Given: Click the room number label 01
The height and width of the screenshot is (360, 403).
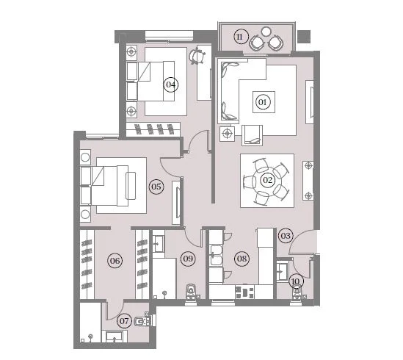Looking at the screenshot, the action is [x=262, y=102].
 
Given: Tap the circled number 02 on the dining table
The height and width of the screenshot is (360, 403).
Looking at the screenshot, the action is [x=267, y=180].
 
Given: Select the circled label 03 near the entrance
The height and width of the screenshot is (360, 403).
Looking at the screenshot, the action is [x=286, y=236].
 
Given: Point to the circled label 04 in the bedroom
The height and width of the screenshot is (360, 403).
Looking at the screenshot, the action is [x=171, y=84].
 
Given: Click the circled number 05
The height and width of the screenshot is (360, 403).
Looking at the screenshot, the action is [x=156, y=187].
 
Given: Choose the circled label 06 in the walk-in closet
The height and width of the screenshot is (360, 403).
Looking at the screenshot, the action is [x=115, y=261].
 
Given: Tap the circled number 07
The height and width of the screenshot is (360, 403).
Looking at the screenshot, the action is [x=124, y=321].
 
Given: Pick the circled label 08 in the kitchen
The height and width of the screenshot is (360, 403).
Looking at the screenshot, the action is [x=242, y=259].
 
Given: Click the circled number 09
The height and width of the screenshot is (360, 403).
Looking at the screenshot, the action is [x=188, y=259].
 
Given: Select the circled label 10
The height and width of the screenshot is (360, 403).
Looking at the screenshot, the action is [x=296, y=281].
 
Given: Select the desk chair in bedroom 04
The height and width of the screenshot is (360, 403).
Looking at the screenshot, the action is [x=197, y=55].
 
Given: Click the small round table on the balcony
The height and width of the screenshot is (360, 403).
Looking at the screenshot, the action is [x=266, y=32].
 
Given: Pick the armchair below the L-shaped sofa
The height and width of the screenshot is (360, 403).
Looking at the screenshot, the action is [x=252, y=135].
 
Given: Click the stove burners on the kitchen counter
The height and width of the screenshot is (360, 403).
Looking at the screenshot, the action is [x=244, y=292].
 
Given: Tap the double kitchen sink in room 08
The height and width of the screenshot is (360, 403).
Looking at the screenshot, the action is [x=216, y=256].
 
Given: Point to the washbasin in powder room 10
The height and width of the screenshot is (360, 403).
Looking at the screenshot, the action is [x=283, y=272].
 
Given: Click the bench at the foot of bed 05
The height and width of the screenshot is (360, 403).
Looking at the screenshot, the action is [x=131, y=186].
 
